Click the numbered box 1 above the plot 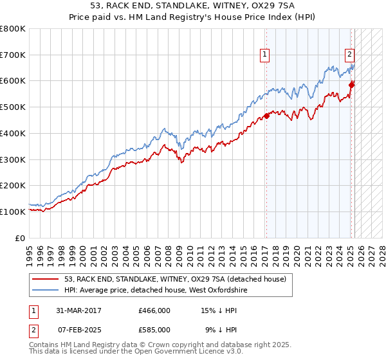pyautogui.click(x=265, y=55)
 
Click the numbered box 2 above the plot pyautogui.click(x=349, y=55)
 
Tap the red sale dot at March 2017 pyautogui.click(x=266, y=116)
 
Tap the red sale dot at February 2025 pyautogui.click(x=351, y=84)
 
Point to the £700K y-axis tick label pyautogui.click(x=13, y=55)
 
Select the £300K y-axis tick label pyautogui.click(x=13, y=159)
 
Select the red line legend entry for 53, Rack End pyautogui.click(x=179, y=279)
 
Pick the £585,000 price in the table pyautogui.click(x=154, y=330)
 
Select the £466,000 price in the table pyautogui.click(x=154, y=310)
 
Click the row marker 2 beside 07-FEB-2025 pyautogui.click(x=32, y=330)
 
